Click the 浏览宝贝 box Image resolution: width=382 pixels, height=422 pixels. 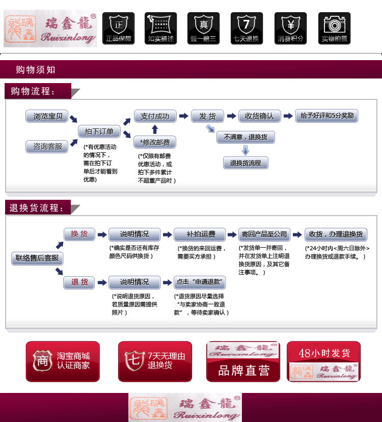(48, 116)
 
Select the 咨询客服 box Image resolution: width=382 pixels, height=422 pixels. (48, 146)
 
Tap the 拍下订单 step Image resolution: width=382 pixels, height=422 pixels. (99, 131)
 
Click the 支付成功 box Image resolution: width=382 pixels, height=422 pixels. (155, 116)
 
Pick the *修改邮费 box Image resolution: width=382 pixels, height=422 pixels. (155, 142)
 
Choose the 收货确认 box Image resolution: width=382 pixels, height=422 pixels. (259, 116)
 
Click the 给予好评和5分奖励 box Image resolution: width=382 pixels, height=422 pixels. (326, 116)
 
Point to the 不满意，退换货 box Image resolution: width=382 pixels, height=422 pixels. (245, 137)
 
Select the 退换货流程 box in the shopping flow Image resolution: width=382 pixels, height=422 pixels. (245, 163)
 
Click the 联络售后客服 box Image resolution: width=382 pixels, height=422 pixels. (37, 258)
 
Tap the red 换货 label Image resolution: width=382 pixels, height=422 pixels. (79, 234)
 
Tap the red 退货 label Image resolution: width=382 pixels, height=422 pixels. (79, 282)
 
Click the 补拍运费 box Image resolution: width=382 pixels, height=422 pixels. (201, 234)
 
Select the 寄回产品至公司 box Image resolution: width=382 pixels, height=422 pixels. (263, 234)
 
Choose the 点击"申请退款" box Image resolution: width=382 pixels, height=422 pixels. (200, 282)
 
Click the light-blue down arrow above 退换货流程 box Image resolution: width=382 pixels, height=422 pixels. (245, 150)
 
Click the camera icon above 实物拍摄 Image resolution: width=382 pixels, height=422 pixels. (335, 24)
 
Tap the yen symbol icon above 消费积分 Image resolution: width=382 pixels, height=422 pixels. (291, 24)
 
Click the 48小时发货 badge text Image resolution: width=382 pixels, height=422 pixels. (324, 353)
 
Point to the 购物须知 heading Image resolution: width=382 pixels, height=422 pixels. (36, 70)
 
